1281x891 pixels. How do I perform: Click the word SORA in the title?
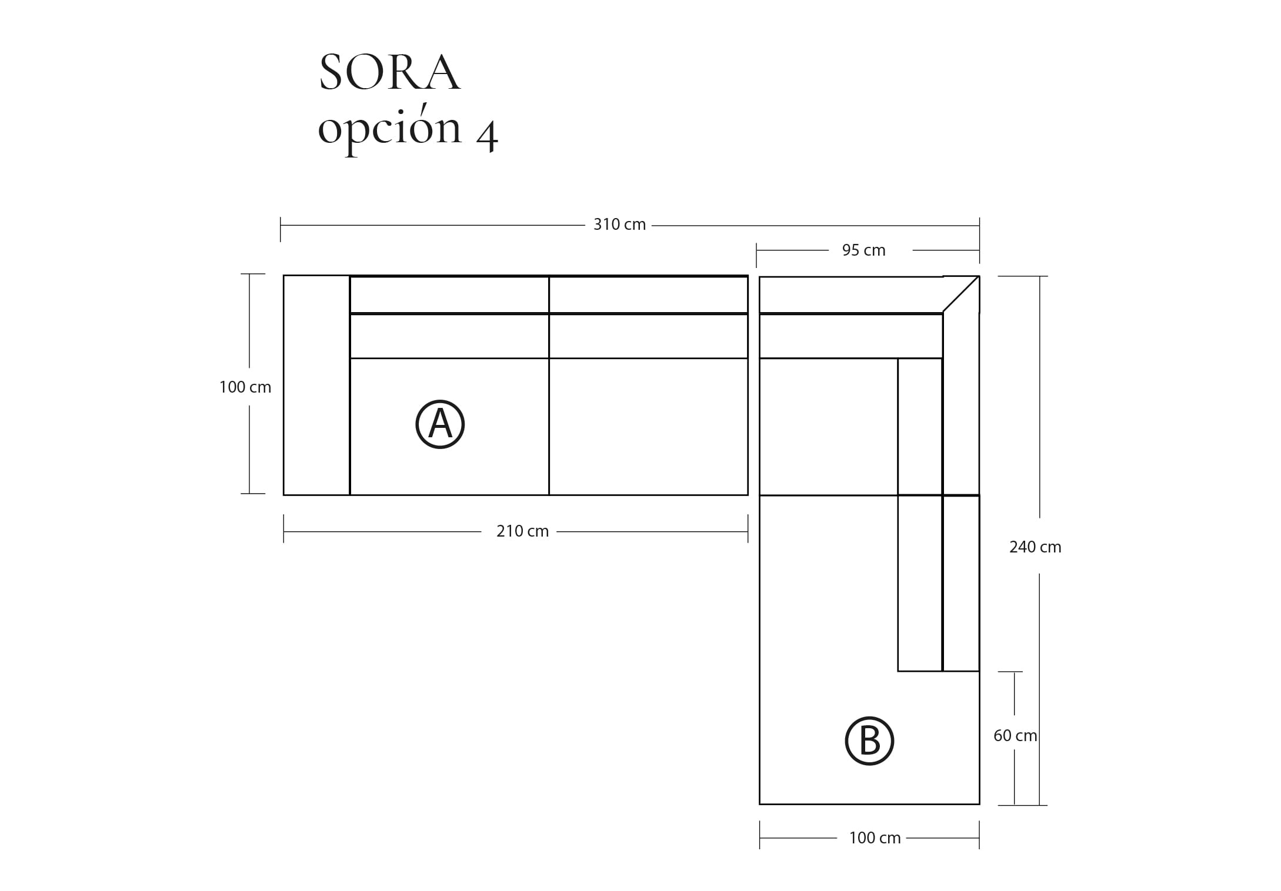pyautogui.click(x=389, y=73)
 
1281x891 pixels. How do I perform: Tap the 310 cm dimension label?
pyautogui.click(x=619, y=225)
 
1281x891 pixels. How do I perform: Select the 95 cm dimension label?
pyautogui.click(x=863, y=250)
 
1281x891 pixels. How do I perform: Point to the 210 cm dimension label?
pyautogui.click(x=522, y=531)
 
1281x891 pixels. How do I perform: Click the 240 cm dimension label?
pyautogui.click(x=1035, y=547)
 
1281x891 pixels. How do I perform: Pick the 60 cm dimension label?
pyautogui.click(x=1015, y=736)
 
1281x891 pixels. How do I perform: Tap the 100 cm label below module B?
pyautogui.click(x=874, y=838)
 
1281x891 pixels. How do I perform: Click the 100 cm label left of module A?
pyautogui.click(x=245, y=387)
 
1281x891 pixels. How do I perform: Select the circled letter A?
pyautogui.click(x=440, y=424)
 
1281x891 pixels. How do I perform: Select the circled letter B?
pyautogui.click(x=869, y=741)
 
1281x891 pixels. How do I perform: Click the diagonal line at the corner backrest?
pyautogui.click(x=961, y=294)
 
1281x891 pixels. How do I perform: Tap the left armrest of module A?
pyautogui.click(x=316, y=385)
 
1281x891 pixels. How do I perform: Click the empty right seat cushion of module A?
pyautogui.click(x=648, y=426)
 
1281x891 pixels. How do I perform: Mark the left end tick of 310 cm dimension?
pyautogui.click(x=281, y=229)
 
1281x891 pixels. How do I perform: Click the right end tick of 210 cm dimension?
pyautogui.click(x=748, y=528)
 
